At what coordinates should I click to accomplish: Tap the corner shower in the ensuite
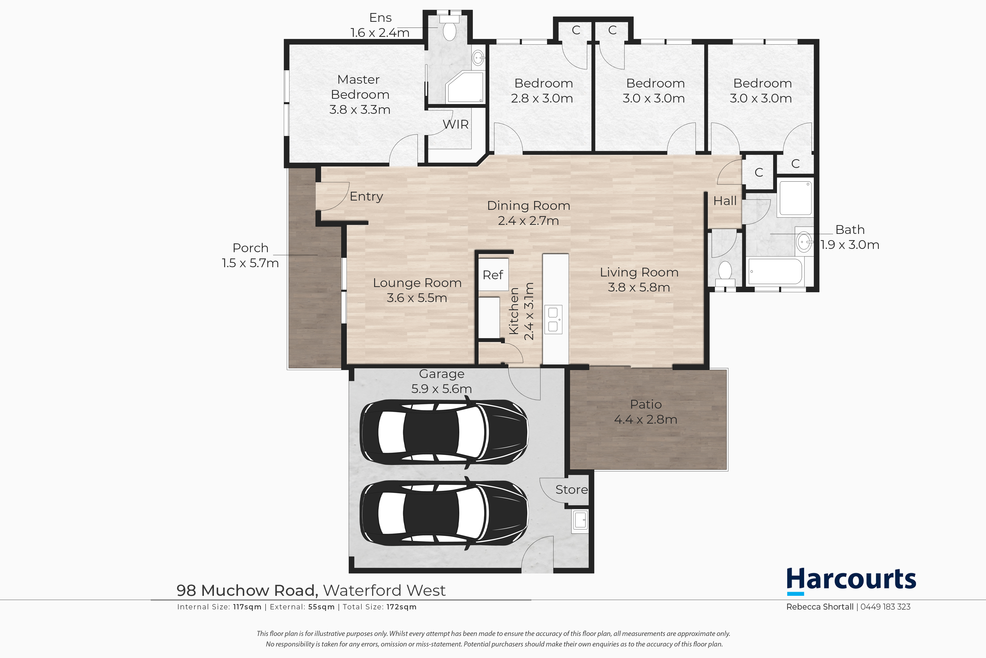(x=464, y=87)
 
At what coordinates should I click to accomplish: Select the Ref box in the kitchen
(x=493, y=274)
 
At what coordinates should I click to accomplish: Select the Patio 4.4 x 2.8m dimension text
(x=645, y=419)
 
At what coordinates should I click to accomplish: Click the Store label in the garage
(x=571, y=489)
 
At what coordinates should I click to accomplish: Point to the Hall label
(x=725, y=201)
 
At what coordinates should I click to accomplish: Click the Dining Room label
(x=528, y=206)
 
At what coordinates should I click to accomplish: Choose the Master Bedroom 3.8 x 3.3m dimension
(x=360, y=110)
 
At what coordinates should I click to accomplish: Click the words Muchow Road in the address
(x=258, y=590)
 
